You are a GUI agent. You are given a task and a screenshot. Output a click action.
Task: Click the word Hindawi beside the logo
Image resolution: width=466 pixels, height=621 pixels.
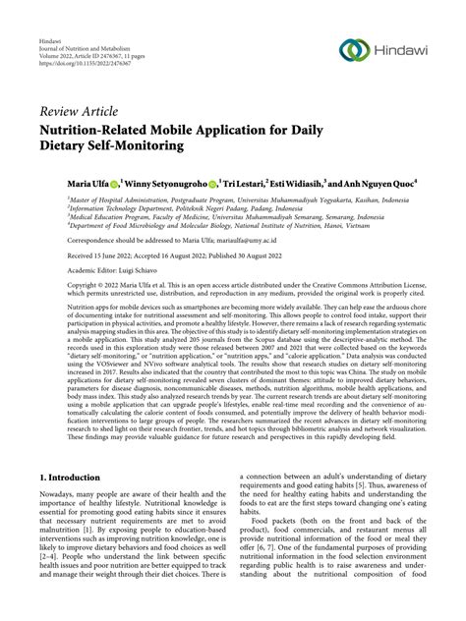tap(406, 51)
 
